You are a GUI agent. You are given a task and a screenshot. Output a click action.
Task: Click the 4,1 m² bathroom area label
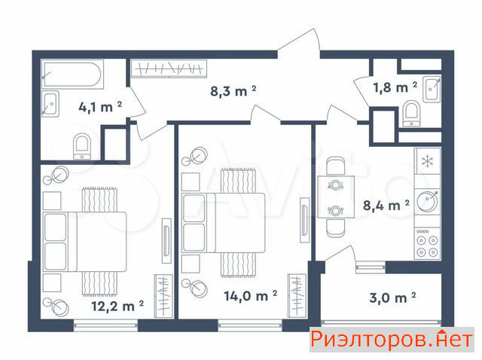(x=100, y=107)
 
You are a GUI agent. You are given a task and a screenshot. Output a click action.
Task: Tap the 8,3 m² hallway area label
(x=233, y=91)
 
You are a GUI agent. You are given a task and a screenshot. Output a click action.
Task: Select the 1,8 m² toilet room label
(x=395, y=87)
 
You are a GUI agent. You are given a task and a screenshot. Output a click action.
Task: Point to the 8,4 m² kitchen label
(x=386, y=205)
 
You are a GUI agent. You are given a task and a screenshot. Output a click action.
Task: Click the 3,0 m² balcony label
(x=392, y=297)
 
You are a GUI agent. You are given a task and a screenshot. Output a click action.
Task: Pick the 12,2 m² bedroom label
(x=117, y=306)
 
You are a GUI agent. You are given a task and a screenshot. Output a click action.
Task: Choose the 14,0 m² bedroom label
(x=251, y=296)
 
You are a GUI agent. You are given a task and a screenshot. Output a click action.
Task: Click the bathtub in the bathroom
(x=72, y=75)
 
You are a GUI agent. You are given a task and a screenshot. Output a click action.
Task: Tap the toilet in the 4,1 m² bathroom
(x=82, y=146)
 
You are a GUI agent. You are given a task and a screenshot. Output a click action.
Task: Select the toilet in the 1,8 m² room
(x=411, y=114)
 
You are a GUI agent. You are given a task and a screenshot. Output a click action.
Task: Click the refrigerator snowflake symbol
(x=427, y=161)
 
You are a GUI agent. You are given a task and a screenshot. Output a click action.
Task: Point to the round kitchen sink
(x=428, y=201)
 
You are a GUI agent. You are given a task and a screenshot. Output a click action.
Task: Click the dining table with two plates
(x=336, y=197)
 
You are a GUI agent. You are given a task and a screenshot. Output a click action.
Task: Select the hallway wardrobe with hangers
(x=169, y=69)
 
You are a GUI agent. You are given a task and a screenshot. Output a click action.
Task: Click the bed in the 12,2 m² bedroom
(x=84, y=242)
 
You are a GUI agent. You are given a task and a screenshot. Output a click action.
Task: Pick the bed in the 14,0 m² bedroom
(x=224, y=223)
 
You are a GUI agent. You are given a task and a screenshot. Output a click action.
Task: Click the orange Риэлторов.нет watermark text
(x=392, y=340)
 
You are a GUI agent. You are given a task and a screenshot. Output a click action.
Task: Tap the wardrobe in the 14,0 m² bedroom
(x=297, y=296)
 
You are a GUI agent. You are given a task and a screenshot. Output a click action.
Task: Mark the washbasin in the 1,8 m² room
(x=432, y=89)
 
